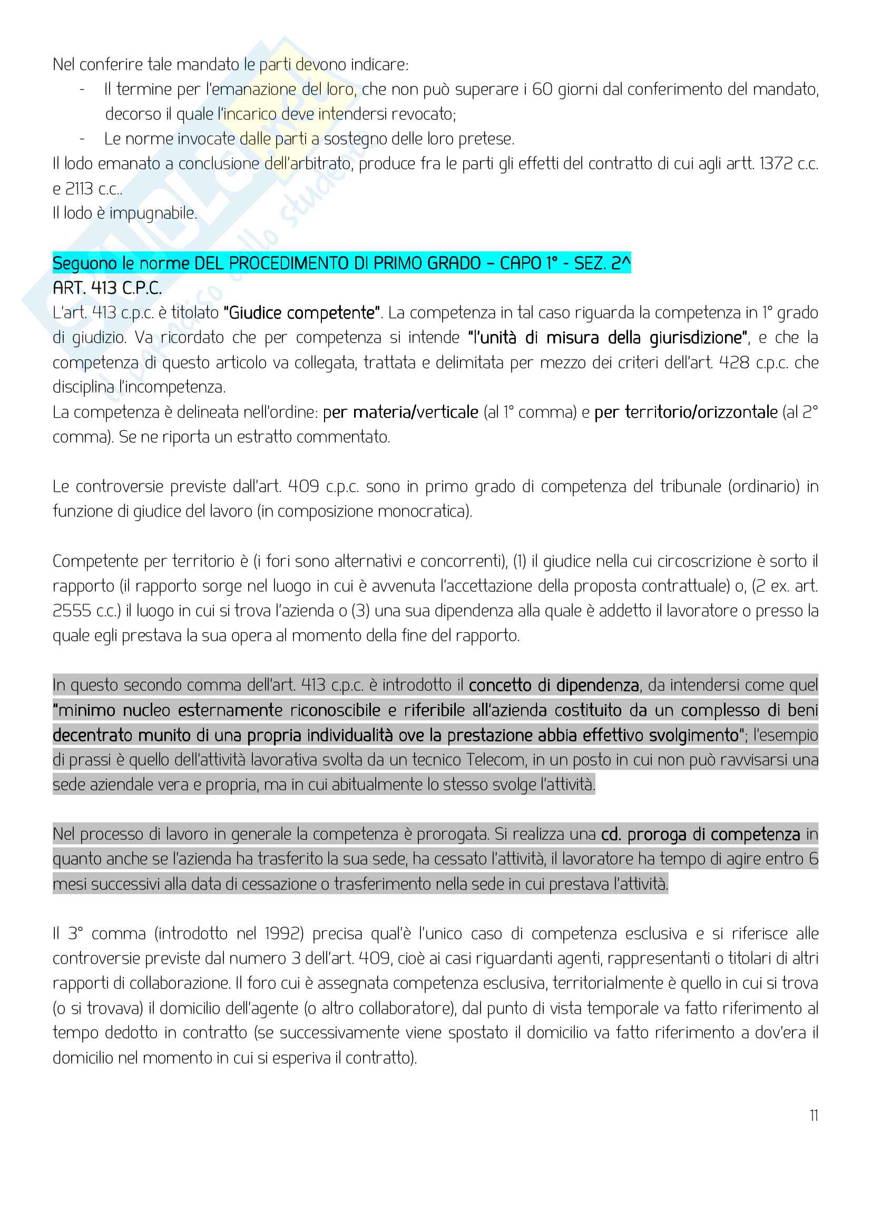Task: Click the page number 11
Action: (x=814, y=1116)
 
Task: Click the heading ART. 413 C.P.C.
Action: (x=107, y=288)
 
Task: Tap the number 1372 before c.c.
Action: (x=776, y=164)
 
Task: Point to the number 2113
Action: (x=79, y=189)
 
